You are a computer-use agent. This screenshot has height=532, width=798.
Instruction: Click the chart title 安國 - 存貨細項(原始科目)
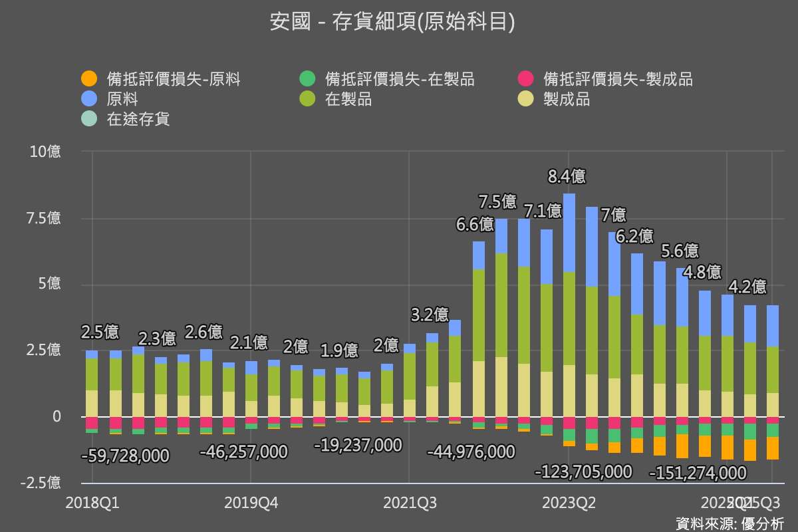click(x=392, y=22)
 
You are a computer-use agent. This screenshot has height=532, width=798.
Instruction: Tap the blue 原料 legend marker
click(x=88, y=100)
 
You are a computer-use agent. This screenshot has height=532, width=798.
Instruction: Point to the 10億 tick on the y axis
click(x=46, y=152)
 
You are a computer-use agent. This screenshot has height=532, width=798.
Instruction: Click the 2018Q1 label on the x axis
click(x=92, y=503)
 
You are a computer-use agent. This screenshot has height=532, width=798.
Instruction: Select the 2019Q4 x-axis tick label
click(x=251, y=503)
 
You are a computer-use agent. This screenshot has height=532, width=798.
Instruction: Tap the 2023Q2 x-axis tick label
click(x=569, y=503)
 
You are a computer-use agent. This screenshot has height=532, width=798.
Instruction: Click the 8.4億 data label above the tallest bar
click(x=567, y=177)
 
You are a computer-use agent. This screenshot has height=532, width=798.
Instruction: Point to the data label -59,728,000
click(x=125, y=456)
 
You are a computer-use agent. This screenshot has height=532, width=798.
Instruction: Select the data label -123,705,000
click(x=584, y=472)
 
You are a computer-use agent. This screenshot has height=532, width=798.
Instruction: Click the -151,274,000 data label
click(x=698, y=473)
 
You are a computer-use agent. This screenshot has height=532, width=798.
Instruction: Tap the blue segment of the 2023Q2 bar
click(x=569, y=233)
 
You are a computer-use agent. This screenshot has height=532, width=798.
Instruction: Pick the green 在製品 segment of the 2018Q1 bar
click(x=92, y=374)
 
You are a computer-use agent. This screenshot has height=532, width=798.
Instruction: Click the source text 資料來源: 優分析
click(x=730, y=523)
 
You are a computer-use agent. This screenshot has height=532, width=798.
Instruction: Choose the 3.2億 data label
click(x=430, y=315)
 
